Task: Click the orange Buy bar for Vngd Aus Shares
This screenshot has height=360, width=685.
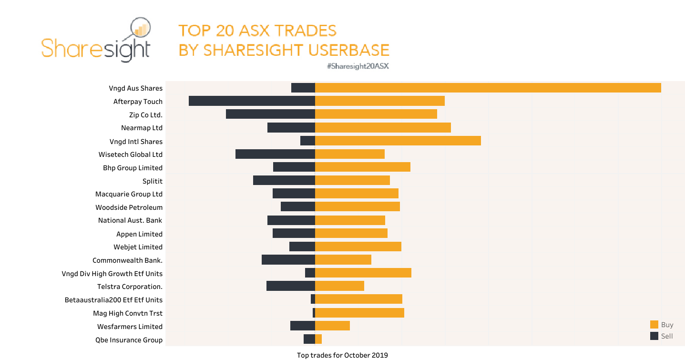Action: click(488, 88)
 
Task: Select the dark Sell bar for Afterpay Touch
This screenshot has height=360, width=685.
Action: click(252, 101)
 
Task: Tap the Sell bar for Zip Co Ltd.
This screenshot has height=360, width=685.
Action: click(270, 114)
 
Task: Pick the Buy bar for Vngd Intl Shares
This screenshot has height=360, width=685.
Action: click(398, 141)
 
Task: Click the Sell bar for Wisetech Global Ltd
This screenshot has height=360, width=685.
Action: click(275, 154)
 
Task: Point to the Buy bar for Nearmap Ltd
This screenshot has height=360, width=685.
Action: click(383, 127)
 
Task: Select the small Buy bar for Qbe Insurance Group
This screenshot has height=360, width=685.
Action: click(318, 339)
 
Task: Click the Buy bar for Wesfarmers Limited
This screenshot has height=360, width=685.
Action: click(332, 326)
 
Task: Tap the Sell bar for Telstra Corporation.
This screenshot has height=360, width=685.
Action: click(290, 286)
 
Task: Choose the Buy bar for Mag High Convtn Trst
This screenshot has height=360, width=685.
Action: click(359, 313)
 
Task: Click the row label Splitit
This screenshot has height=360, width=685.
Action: click(153, 181)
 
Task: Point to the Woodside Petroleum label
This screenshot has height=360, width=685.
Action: click(129, 207)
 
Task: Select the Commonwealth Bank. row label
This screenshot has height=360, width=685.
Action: click(127, 260)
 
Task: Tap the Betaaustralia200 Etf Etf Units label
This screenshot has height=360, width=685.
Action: click(113, 300)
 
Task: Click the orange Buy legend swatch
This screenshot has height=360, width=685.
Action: click(654, 325)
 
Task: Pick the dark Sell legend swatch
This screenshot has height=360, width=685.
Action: click(654, 336)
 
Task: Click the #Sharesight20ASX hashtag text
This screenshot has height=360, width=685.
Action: click(358, 66)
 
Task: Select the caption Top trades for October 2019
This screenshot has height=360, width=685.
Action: click(342, 355)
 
